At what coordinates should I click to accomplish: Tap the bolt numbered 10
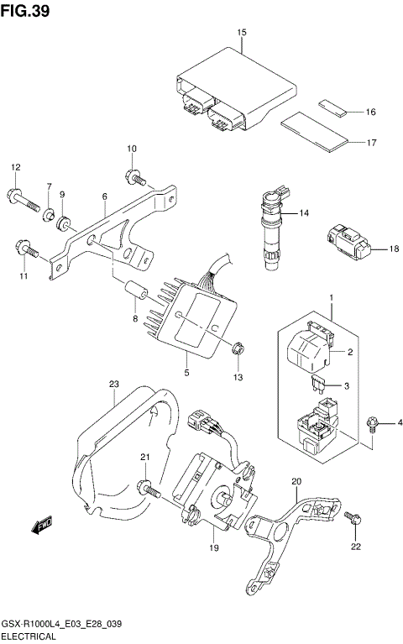[x=134, y=177]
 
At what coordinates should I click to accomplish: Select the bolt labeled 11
[x=25, y=249]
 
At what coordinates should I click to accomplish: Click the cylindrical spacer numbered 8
[x=138, y=294]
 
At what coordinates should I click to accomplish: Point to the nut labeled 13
[x=238, y=350]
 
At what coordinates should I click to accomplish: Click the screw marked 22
[x=353, y=518]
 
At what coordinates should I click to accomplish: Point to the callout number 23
[x=114, y=385]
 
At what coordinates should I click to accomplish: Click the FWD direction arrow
[x=40, y=526]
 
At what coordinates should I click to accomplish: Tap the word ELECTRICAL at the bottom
[x=32, y=637]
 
